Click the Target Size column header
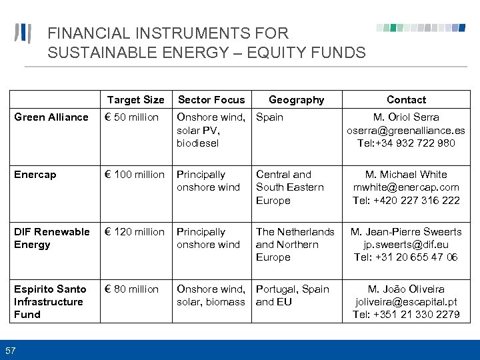point(135,99)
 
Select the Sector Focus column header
point(211,99)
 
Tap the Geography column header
point(296,99)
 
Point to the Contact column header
point(406,99)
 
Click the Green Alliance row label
point(51,117)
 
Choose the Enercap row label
point(35,175)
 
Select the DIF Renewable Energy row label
point(51,238)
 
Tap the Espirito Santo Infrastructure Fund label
point(50,301)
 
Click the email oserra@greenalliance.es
point(406,130)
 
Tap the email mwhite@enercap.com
point(406,187)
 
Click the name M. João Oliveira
point(406,289)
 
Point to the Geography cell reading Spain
point(269,117)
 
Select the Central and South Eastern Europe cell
point(289,187)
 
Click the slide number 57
point(11,351)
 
